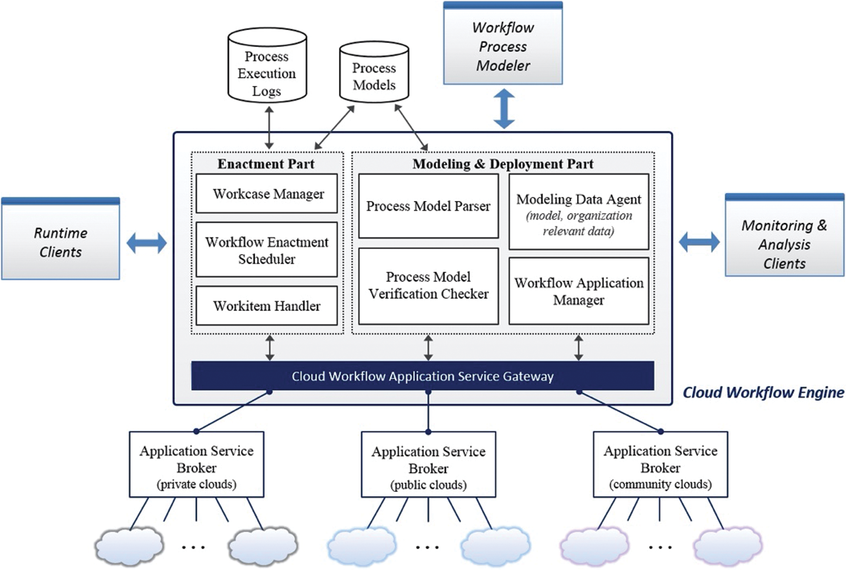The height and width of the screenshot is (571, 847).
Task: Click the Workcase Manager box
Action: [267, 194]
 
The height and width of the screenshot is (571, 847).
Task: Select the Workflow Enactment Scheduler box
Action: [267, 250]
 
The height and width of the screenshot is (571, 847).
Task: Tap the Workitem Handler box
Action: [267, 306]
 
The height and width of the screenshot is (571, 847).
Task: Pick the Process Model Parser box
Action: [429, 206]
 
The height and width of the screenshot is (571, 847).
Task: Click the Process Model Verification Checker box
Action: [429, 286]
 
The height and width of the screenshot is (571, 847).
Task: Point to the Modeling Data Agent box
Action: [579, 212]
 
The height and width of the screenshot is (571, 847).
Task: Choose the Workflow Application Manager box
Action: [579, 291]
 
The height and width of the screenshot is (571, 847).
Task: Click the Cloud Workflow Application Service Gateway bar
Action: [422, 376]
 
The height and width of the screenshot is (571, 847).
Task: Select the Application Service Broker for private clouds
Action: [196, 465]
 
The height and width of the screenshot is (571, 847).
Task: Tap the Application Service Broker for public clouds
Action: [429, 465]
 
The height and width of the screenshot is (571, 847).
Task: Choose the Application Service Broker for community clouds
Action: [660, 465]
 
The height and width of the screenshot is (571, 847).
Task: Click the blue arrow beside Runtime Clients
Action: [147, 243]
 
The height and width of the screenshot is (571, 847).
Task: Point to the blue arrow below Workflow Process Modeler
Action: [504, 109]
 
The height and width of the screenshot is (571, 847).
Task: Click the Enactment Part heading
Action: [266, 164]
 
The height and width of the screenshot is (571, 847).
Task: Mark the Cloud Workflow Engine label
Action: [763, 392]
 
